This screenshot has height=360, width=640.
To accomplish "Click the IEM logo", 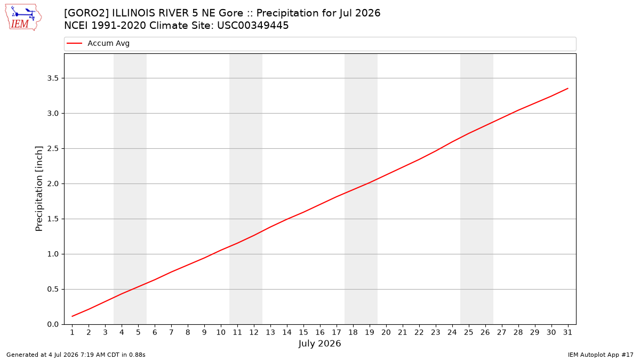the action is [x=23, y=18].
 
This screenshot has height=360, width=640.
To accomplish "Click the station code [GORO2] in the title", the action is [x=86, y=13].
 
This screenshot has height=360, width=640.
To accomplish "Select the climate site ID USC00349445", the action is [x=253, y=26].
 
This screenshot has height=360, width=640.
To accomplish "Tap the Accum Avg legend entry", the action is [x=98, y=43].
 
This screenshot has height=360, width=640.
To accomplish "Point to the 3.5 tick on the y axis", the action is [x=53, y=78].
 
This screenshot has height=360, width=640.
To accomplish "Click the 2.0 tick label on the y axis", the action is [x=53, y=183].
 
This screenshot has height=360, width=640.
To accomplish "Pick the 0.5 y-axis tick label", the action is [x=53, y=289].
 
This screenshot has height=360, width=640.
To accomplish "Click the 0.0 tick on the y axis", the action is [x=53, y=324].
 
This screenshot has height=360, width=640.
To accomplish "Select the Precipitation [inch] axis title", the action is [x=39, y=189].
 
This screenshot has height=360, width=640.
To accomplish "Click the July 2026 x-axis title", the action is [x=319, y=343].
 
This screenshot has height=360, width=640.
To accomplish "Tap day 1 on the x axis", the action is [x=73, y=332].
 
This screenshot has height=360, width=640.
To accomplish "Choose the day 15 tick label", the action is [x=303, y=332].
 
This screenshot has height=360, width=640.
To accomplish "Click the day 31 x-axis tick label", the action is [x=567, y=332].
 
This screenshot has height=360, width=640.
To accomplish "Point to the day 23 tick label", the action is [x=436, y=332].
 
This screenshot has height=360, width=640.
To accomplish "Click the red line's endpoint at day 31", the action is [x=567, y=89].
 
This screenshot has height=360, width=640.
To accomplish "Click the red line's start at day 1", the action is [x=73, y=316].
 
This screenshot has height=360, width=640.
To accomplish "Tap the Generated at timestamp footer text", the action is [x=76, y=355].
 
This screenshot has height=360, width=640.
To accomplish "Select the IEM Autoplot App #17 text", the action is [x=601, y=355].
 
